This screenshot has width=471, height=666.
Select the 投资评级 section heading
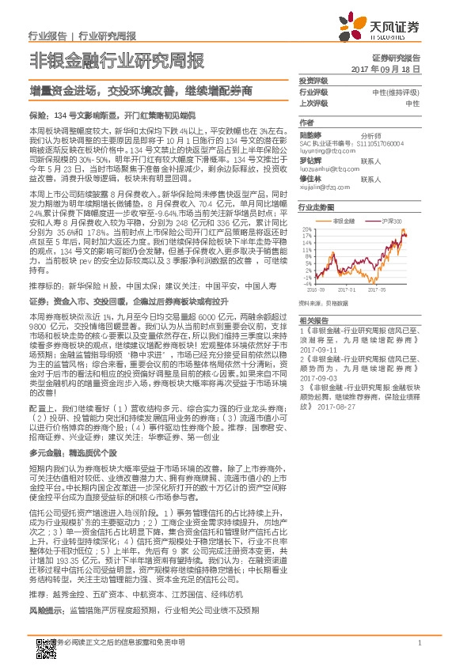314,81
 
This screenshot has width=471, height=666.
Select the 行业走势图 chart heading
317,206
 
